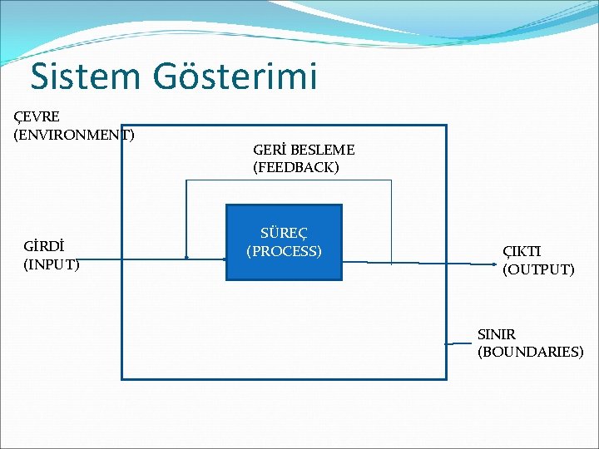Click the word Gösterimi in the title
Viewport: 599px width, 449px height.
pos(235,76)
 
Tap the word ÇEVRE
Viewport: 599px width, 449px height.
pos(37,116)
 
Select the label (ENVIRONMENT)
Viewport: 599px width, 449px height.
pos(74,134)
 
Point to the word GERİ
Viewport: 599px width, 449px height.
pos(269,150)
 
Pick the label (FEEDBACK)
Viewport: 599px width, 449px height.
pos(296,168)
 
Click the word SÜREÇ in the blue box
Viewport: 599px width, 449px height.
pos(284,234)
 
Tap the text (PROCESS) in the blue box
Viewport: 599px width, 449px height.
pos(284,251)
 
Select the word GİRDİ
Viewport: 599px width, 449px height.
pos(45,247)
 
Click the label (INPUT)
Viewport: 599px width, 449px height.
pos(52,264)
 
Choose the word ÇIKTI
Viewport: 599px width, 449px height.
pos(522,251)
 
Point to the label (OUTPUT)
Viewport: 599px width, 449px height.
pos(538,269)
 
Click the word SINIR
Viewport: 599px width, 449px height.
pos(497,334)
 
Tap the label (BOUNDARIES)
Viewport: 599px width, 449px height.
pos(531,352)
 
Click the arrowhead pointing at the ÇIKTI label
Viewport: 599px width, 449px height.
pos(495,264)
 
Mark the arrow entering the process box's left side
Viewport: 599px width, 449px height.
pos(208,258)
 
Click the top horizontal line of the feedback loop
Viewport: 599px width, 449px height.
pos(288,180)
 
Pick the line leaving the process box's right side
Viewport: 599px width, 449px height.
pos(366,262)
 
